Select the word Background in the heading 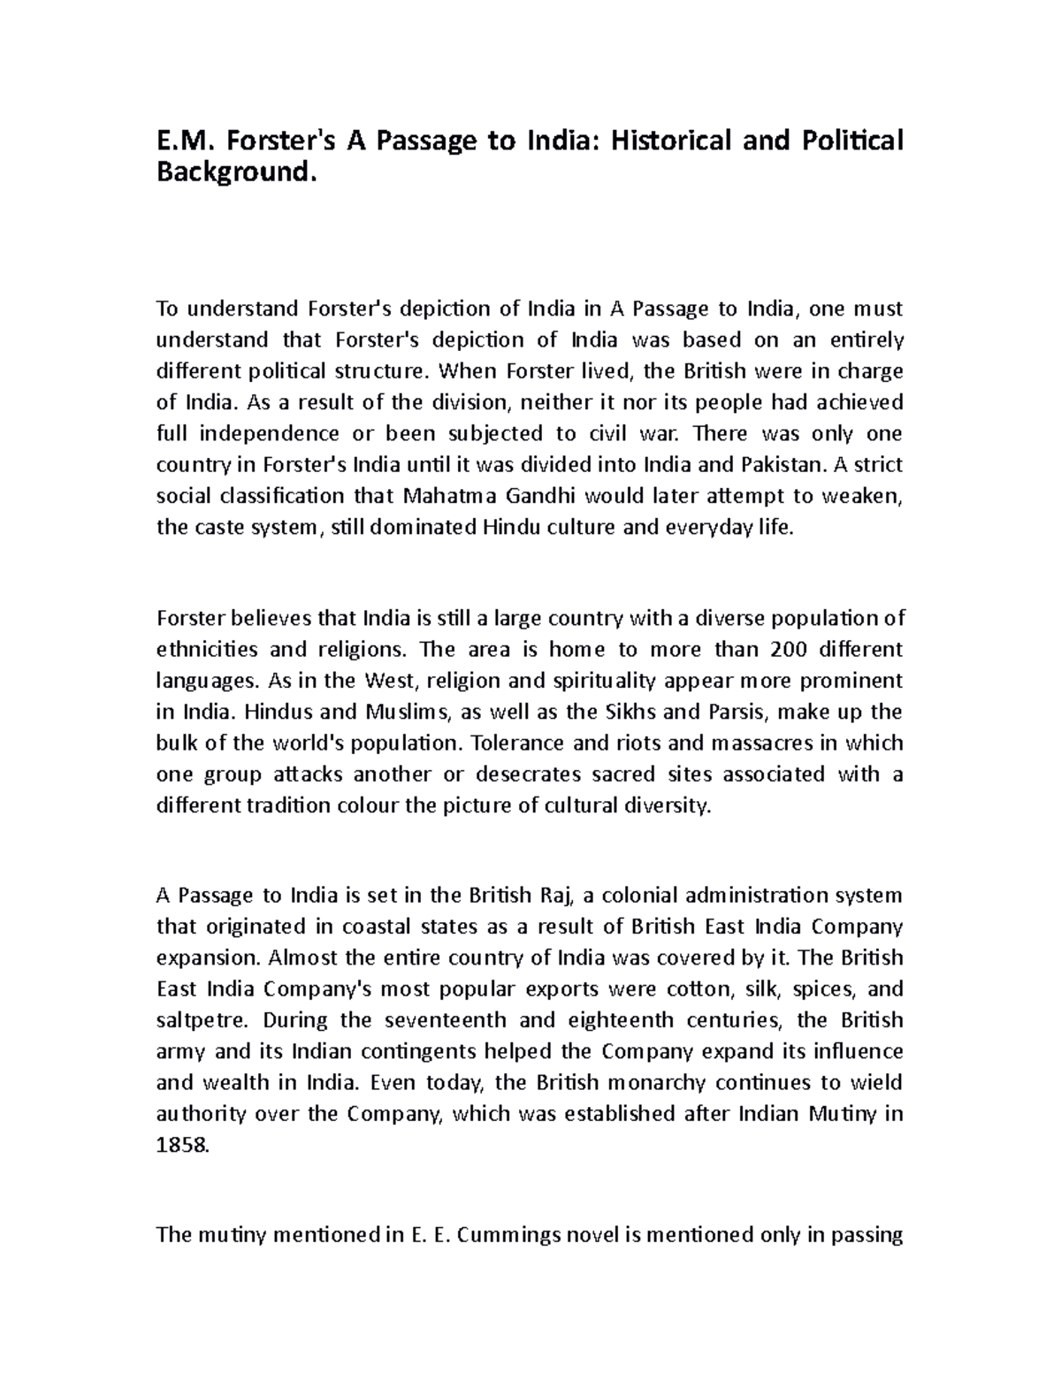point(233,172)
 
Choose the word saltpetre point(201,1020)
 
